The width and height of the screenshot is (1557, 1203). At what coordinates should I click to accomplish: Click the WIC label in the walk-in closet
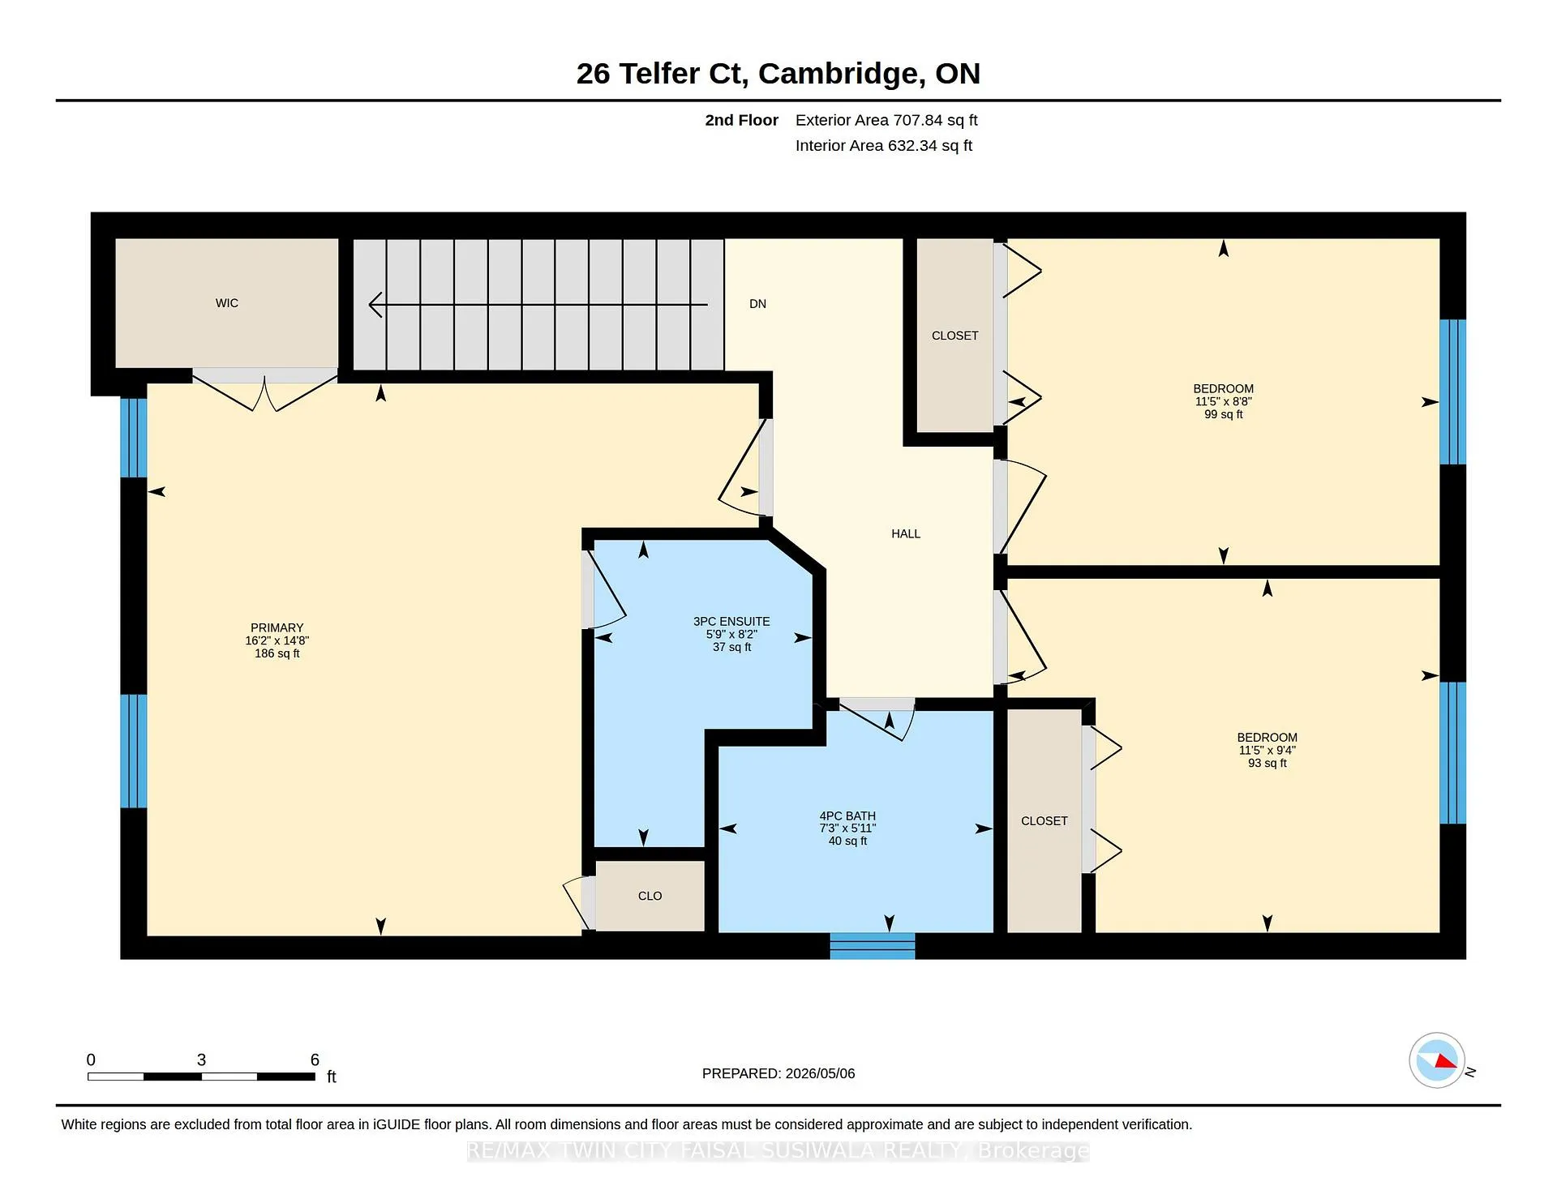click(x=227, y=303)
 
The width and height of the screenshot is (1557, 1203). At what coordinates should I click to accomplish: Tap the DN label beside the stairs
click(x=757, y=304)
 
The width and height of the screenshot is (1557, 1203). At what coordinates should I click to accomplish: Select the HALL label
click(x=906, y=533)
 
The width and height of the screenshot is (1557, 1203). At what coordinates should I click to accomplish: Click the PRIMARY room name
click(x=277, y=627)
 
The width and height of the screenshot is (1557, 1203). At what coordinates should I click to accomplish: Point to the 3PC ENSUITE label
click(x=731, y=621)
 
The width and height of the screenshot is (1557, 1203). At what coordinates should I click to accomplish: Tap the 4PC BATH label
click(x=847, y=816)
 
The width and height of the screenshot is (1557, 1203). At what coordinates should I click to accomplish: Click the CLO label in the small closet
click(x=650, y=896)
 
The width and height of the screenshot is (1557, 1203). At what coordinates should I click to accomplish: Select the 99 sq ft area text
click(x=1223, y=414)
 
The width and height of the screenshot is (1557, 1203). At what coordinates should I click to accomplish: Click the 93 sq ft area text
click(x=1267, y=763)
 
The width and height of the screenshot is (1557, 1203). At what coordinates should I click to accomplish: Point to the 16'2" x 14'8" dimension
click(x=277, y=640)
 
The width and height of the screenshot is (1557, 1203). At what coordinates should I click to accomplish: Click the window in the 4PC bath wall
click(x=873, y=946)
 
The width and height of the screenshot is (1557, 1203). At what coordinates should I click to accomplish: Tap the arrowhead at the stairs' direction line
click(x=375, y=305)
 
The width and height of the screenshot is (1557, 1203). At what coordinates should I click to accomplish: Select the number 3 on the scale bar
click(x=201, y=1060)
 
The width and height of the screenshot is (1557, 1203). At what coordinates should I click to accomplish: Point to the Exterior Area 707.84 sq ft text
click(x=886, y=120)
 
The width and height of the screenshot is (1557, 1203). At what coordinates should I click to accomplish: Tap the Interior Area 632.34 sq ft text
click(x=884, y=145)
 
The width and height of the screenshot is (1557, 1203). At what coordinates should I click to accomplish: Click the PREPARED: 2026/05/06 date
click(x=778, y=1073)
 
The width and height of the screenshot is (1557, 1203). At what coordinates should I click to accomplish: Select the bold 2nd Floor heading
click(x=741, y=120)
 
